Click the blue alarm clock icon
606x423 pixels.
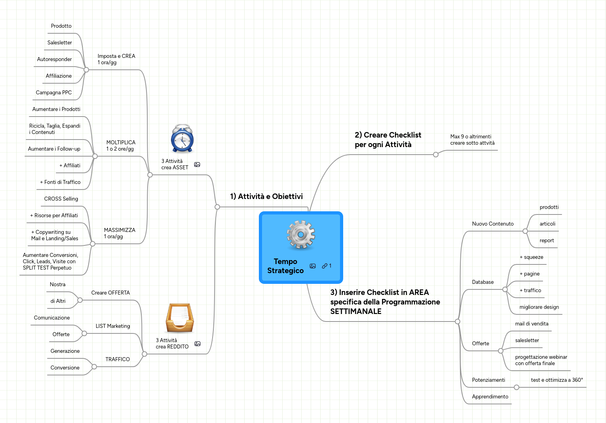[182, 139]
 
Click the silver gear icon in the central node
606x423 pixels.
[301, 235]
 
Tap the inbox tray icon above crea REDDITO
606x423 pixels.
[179, 318]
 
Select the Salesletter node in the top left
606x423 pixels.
[60, 43]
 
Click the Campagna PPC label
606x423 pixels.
[54, 93]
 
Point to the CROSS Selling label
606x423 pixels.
[61, 199]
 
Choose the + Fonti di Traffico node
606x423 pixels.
[60, 182]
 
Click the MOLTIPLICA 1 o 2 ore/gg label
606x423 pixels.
[121, 146]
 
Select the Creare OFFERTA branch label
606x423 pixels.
[110, 293]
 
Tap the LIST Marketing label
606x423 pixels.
[113, 326]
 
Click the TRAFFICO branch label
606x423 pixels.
[118, 360]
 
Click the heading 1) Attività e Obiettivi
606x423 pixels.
[266, 197]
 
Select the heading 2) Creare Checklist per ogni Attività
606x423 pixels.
[388, 140]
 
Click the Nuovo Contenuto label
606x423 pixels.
[493, 224]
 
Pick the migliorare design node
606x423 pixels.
[539, 307]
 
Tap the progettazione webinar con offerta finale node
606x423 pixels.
[541, 360]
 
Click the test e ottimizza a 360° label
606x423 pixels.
[557, 380]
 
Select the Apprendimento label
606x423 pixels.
[490, 397]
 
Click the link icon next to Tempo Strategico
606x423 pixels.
[325, 266]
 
